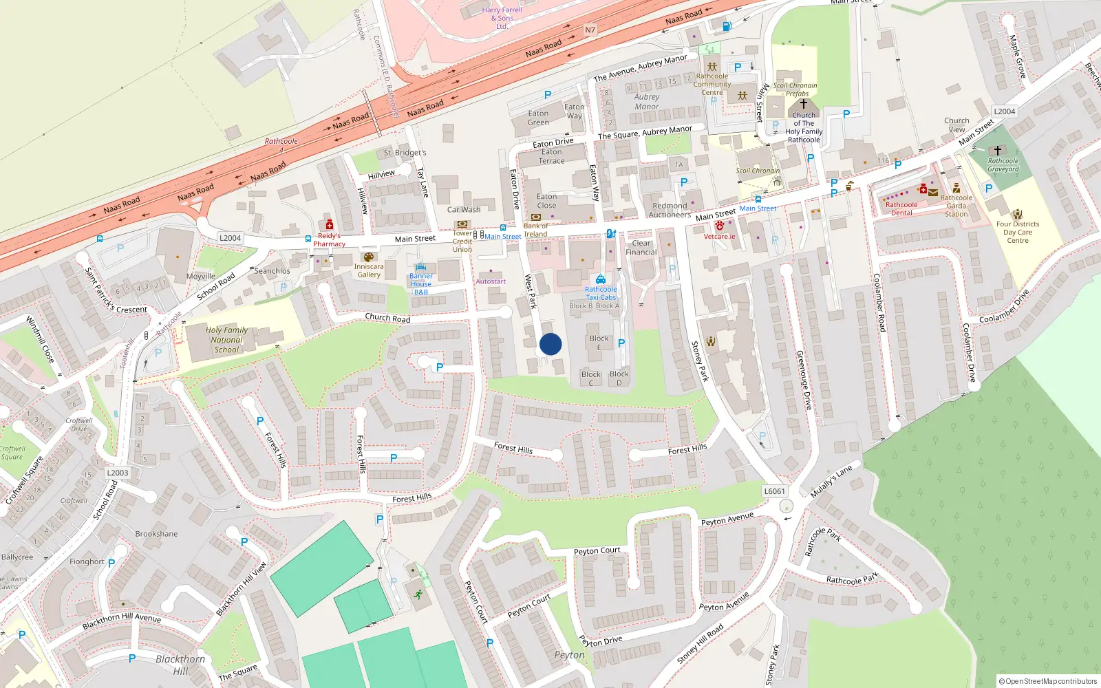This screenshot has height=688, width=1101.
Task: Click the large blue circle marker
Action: tap(550, 344)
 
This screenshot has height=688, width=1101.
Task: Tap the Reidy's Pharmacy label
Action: tap(329, 240)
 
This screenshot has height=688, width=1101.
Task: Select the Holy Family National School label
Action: tap(226, 340)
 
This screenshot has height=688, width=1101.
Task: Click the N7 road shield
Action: tap(590, 30)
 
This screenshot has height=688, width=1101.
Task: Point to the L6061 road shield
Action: tap(774, 491)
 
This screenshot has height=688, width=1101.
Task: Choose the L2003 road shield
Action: tap(118, 473)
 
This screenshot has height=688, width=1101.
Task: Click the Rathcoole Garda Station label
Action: tap(956, 206)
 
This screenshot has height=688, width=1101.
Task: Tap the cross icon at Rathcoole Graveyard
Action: tap(997, 150)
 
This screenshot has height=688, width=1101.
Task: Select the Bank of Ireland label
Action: tap(536, 230)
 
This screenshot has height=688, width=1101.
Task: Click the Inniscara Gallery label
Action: tap(369, 270)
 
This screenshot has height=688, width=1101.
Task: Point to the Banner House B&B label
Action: tap(421, 284)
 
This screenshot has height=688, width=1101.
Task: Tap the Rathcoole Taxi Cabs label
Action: tap(601, 294)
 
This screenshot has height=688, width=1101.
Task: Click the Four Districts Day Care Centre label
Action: tap(1018, 232)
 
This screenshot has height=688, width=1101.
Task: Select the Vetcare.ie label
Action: tap(719, 237)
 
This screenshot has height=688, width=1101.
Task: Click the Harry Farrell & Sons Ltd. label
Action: tap(502, 18)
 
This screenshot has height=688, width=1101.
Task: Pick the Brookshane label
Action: tap(156, 534)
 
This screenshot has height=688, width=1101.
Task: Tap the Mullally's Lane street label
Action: tap(831, 481)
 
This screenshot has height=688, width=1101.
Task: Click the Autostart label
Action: tap(491, 281)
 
